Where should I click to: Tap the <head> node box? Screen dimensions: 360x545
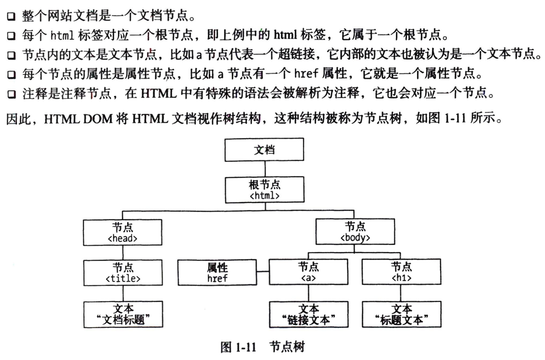click(x=123, y=232)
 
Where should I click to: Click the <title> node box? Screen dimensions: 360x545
click(x=123, y=273)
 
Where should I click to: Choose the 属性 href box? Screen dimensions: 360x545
click(x=217, y=273)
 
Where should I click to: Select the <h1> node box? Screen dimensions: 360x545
click(x=401, y=272)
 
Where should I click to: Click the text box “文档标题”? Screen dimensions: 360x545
click(x=123, y=314)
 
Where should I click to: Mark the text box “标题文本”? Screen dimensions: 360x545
click(x=401, y=314)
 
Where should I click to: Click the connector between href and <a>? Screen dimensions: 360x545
click(x=262, y=273)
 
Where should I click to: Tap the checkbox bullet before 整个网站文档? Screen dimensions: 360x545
click(x=11, y=18)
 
